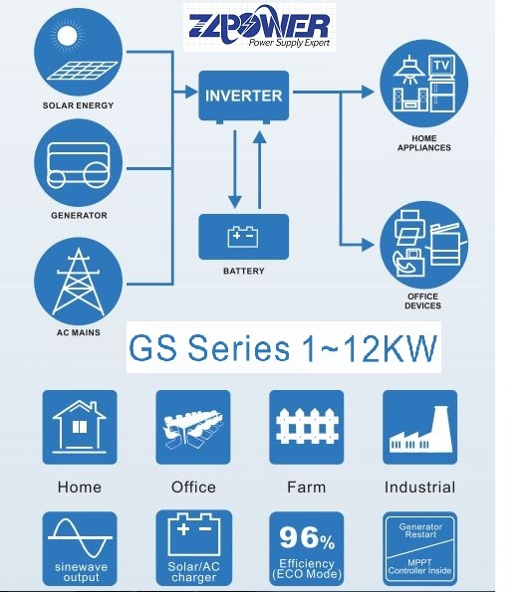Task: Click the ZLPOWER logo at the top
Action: tap(259, 27)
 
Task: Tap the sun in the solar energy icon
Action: tap(68, 36)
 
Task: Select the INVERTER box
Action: tap(244, 96)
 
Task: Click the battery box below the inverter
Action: tap(244, 237)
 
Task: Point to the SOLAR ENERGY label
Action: tap(79, 105)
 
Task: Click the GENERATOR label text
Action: tap(79, 216)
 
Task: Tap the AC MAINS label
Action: tap(79, 332)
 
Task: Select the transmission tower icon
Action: tap(79, 282)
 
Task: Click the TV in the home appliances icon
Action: tap(442, 66)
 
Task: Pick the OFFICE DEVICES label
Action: tap(422, 301)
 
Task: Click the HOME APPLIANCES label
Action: tap(424, 143)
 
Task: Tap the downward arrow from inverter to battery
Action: tap(235, 169)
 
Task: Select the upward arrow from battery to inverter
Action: tap(259, 169)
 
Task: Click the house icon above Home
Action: tap(80, 427)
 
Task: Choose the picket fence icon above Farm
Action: tap(307, 426)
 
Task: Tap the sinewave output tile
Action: tap(80, 549)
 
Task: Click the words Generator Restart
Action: tap(420, 530)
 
